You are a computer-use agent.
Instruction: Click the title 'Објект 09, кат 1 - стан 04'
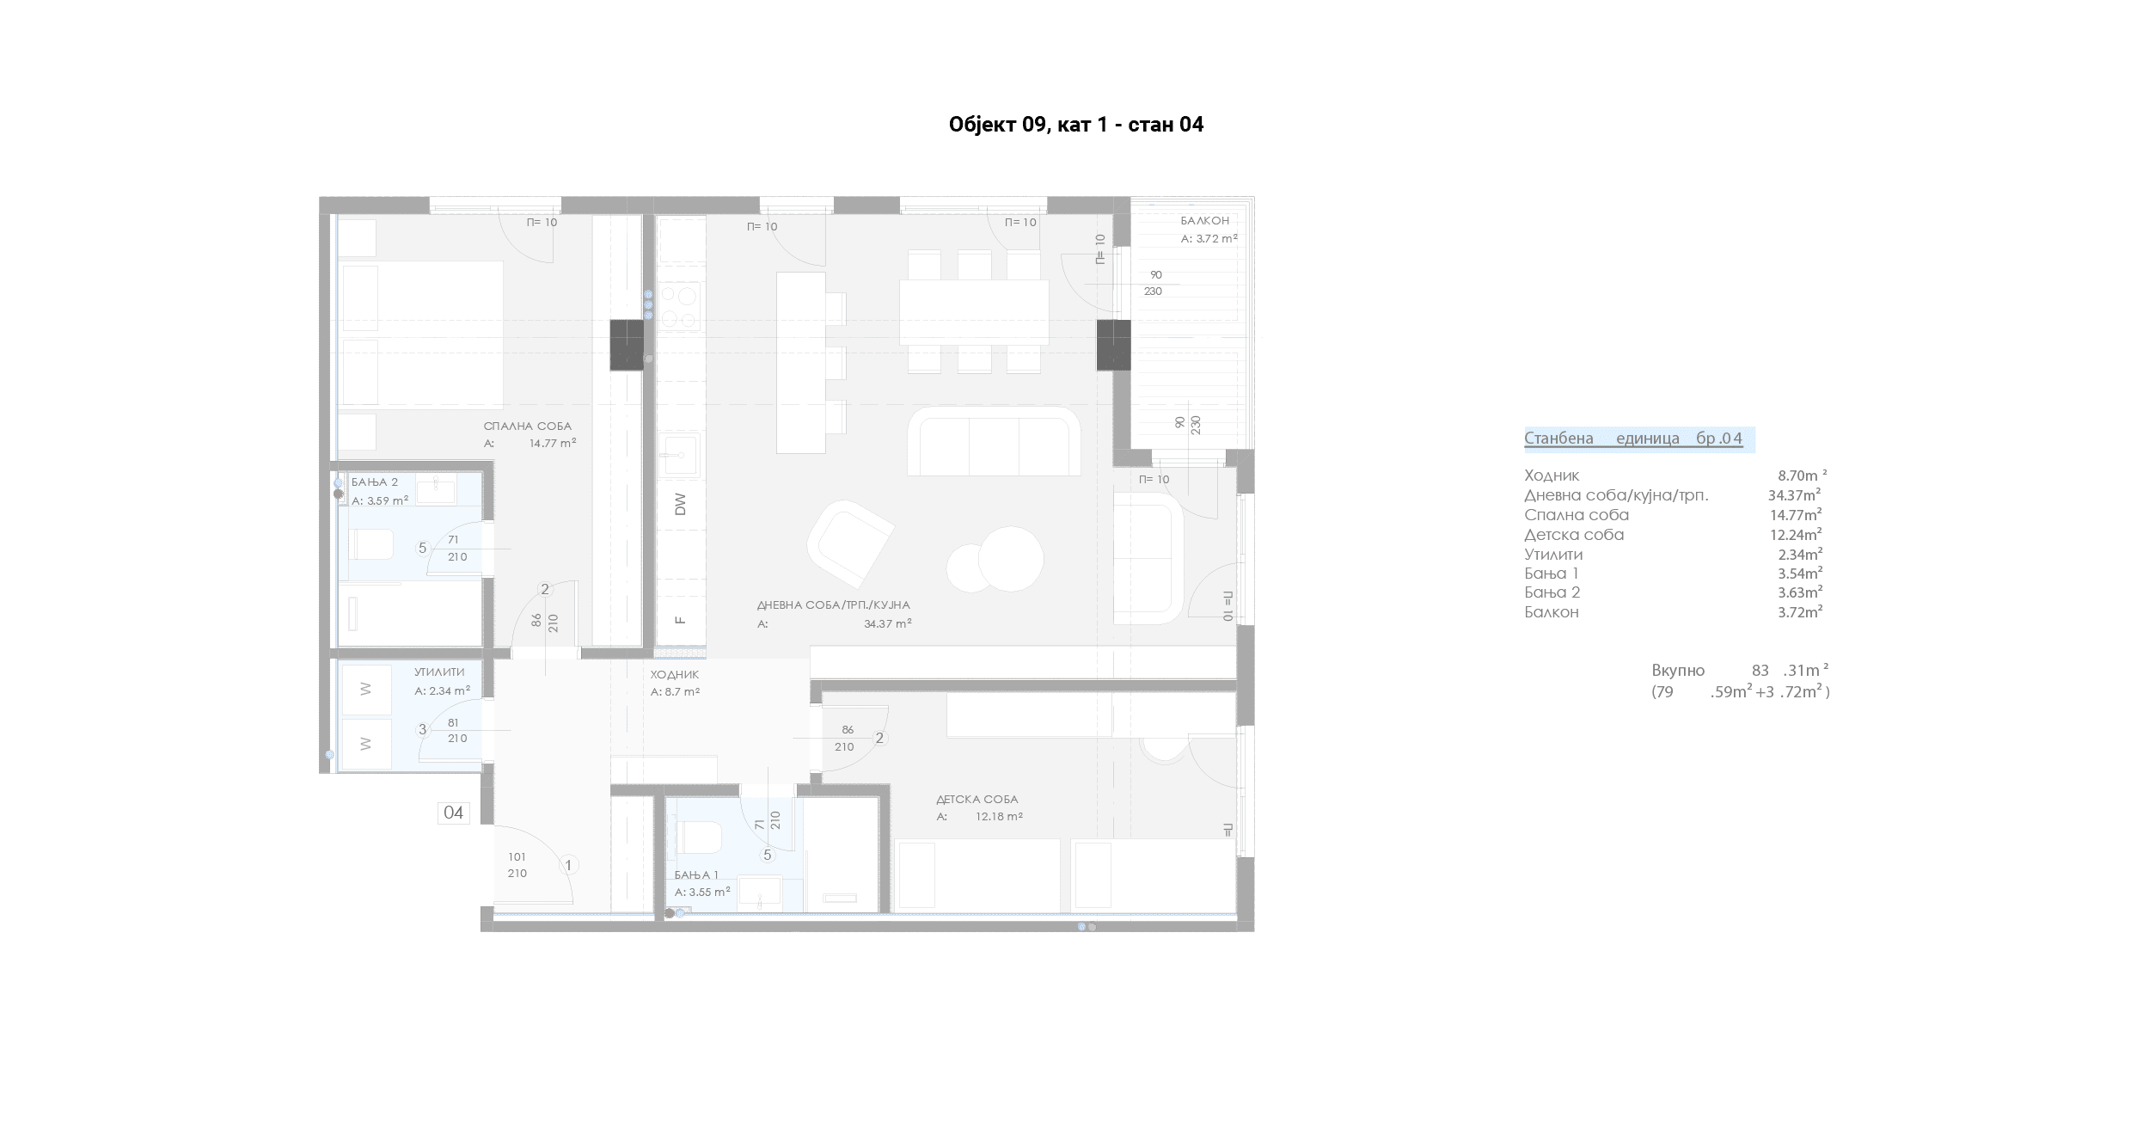1075,125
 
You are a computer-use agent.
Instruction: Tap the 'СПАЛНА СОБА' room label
527,426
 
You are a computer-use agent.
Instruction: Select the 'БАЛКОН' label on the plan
1204,221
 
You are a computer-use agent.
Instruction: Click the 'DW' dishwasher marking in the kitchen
681,504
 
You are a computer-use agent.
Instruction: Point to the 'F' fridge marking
681,619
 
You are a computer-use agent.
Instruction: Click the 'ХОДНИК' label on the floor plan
675,675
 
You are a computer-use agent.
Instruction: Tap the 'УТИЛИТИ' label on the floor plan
439,672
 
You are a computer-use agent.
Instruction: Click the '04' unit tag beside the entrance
453,813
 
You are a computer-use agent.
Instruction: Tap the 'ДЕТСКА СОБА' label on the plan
977,800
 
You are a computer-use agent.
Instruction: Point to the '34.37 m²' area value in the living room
888,624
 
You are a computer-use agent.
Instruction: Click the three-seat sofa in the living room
994,441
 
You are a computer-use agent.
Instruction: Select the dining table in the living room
974,311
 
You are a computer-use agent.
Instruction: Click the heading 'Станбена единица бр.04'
1633,439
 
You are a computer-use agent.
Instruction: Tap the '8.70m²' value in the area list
1802,476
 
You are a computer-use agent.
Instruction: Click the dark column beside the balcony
1113,345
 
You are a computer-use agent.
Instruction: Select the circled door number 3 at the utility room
422,730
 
